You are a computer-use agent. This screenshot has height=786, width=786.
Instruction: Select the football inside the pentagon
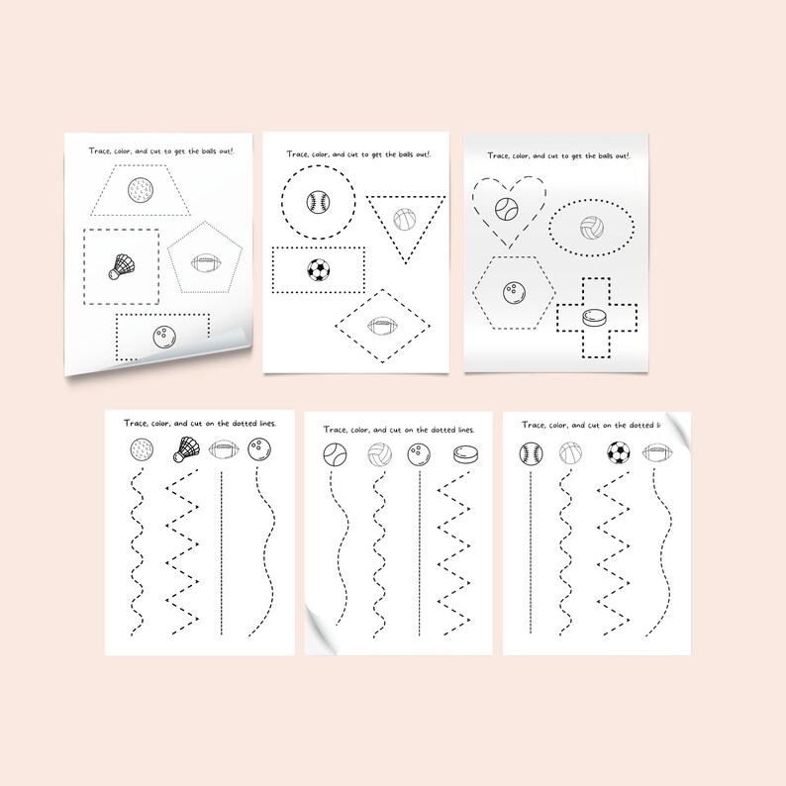pyautogui.click(x=205, y=263)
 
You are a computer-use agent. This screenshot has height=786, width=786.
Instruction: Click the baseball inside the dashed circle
pyautogui.click(x=318, y=202)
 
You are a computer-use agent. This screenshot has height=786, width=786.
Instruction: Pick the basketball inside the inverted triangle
pyautogui.click(x=405, y=219)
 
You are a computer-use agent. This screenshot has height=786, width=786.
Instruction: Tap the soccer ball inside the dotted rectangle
pyautogui.click(x=318, y=269)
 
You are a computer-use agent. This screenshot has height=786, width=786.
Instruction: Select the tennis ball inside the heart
pyautogui.click(x=507, y=209)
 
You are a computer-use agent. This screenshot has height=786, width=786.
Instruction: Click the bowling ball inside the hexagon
pyautogui.click(x=514, y=294)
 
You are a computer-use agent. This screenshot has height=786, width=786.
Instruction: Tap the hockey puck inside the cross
pyautogui.click(x=592, y=319)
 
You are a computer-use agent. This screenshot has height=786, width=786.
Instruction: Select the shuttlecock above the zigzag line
pyautogui.click(x=185, y=451)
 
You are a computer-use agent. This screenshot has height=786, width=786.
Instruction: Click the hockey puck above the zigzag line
pyautogui.click(x=462, y=454)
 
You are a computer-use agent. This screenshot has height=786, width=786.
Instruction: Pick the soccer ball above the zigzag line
pyautogui.click(x=619, y=453)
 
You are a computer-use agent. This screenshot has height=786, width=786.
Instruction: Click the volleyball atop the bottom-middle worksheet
pyautogui.click(x=378, y=455)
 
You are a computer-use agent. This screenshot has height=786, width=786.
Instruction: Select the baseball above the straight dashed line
pyautogui.click(x=532, y=453)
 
